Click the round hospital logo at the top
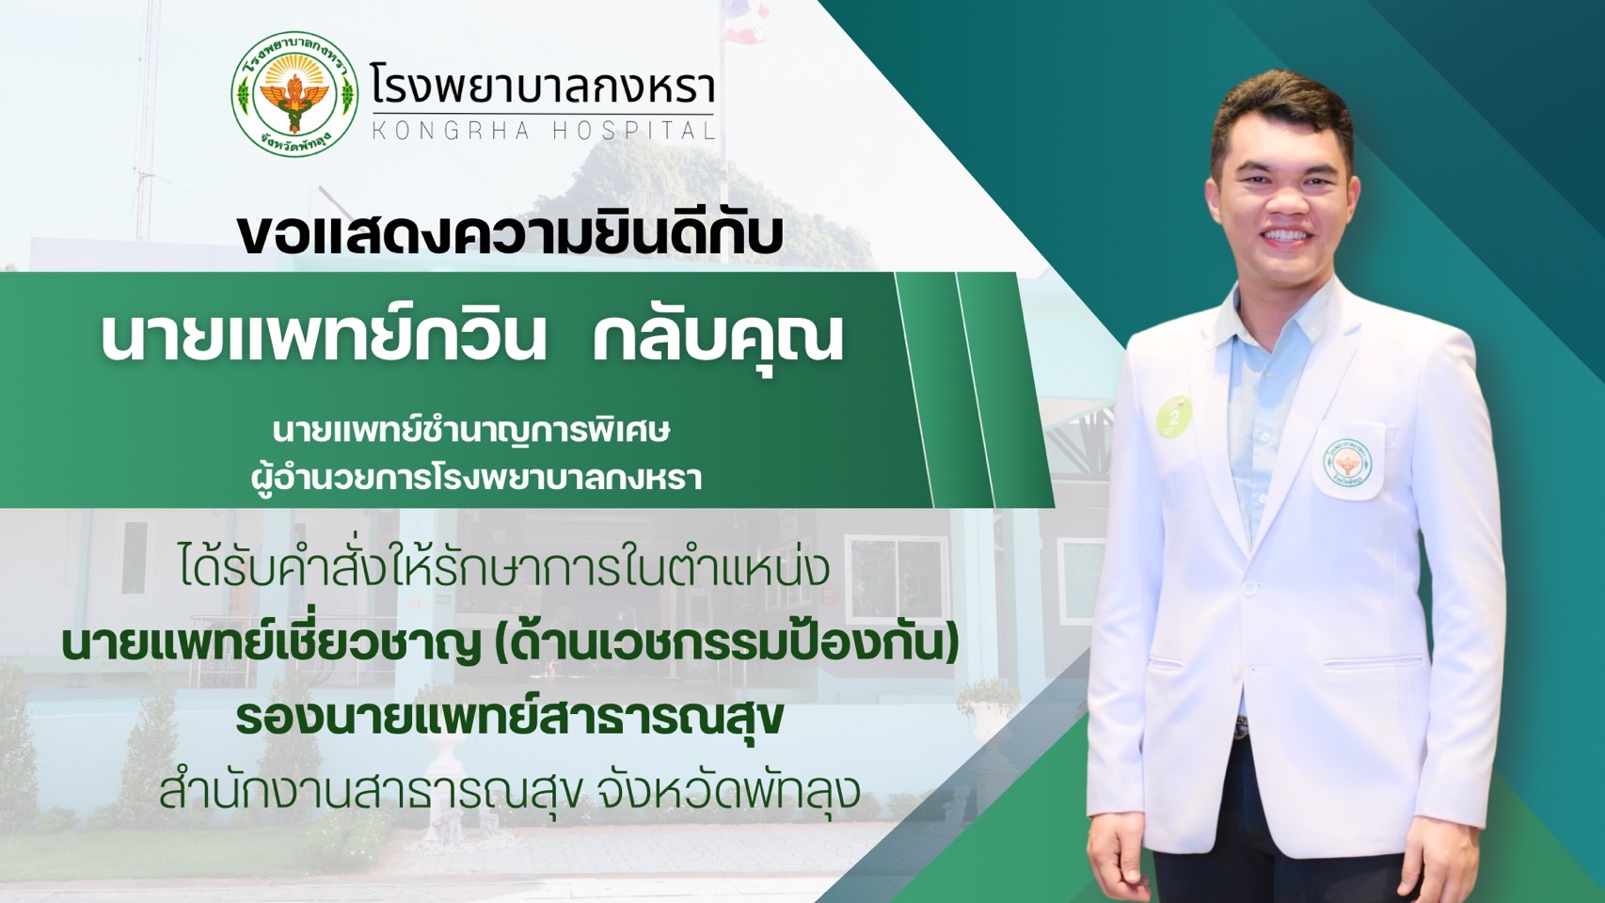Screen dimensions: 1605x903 pos(294,94)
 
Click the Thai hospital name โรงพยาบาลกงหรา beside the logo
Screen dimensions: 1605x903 pos(543,83)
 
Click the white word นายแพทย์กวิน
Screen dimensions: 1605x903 pos(324,336)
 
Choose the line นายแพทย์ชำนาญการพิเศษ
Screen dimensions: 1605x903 pos(471,432)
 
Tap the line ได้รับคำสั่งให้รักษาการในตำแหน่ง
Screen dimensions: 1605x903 pos(501,570)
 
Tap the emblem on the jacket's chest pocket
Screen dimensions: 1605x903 pos(1348,463)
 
